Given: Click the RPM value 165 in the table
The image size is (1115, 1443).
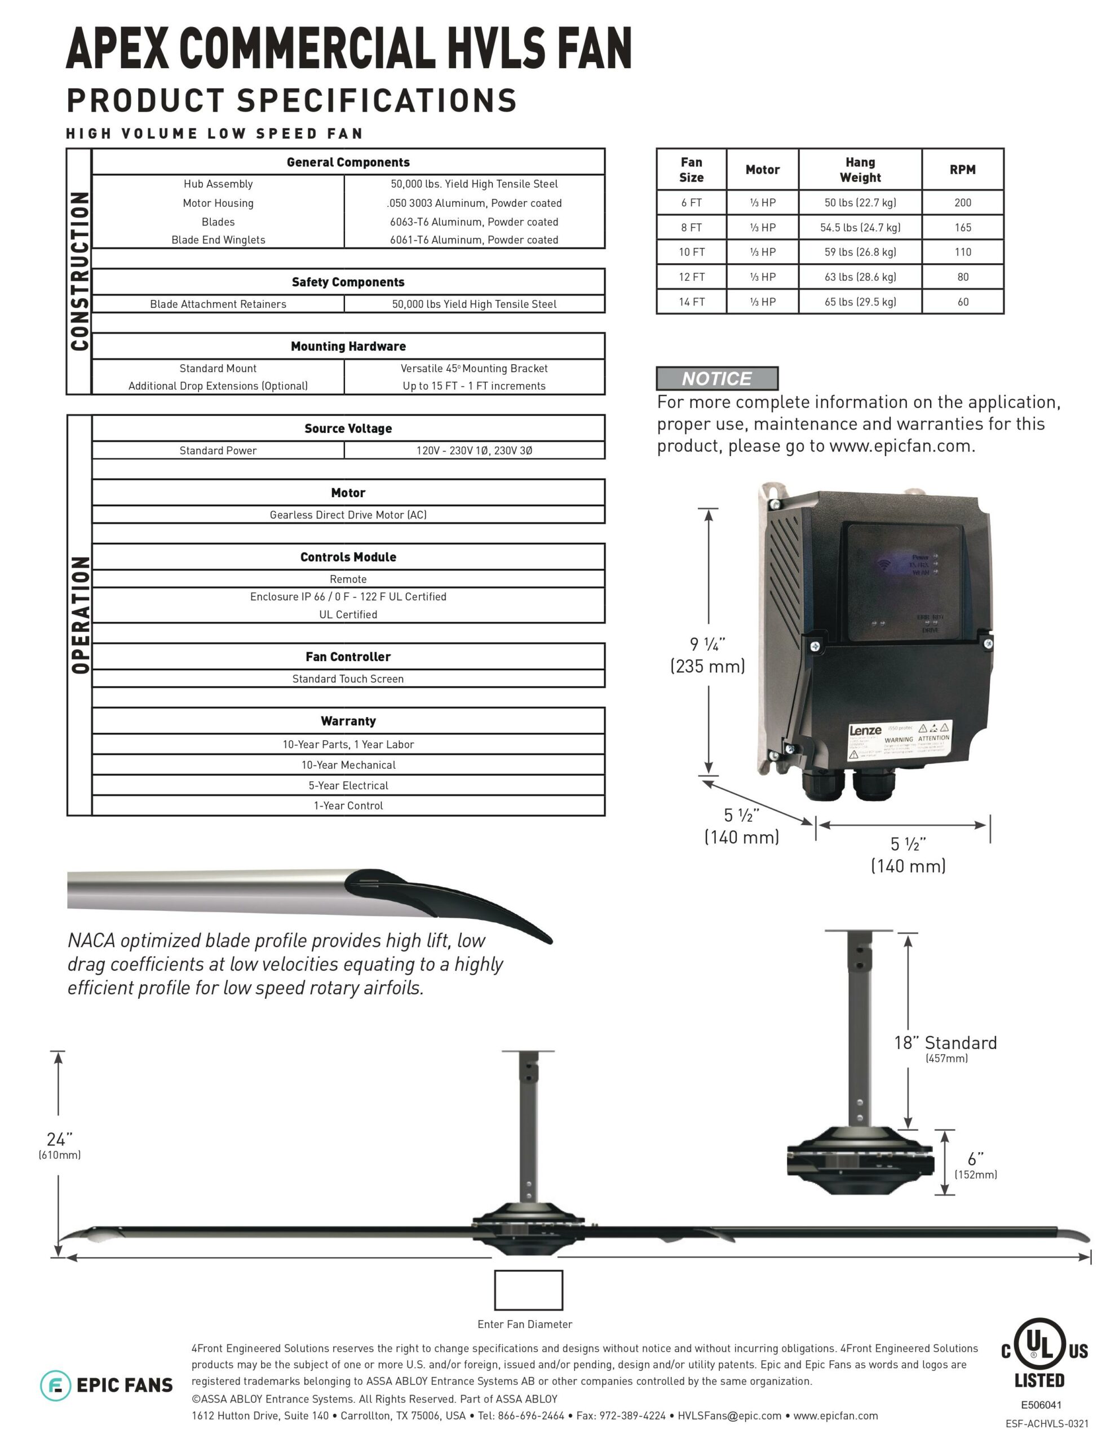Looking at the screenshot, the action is click(x=962, y=227).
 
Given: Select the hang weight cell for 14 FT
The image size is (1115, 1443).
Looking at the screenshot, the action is click(x=860, y=302).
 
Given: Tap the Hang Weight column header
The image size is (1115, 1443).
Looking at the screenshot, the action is click(x=860, y=170).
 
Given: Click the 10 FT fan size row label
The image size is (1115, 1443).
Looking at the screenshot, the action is click(x=691, y=252).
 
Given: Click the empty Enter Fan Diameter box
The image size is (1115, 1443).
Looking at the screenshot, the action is click(x=528, y=1289).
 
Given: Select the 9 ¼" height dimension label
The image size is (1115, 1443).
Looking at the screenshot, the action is click(x=707, y=655).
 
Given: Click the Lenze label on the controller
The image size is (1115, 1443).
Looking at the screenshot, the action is click(x=865, y=730).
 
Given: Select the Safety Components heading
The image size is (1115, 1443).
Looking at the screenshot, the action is click(x=348, y=282).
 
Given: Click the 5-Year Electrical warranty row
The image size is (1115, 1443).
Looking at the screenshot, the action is click(x=348, y=785).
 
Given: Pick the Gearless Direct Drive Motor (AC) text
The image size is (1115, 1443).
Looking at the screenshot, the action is click(x=348, y=515).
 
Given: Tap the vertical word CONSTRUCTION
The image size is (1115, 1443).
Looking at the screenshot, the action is click(x=79, y=271).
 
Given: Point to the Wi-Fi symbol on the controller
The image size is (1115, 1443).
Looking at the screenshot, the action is click(x=884, y=564).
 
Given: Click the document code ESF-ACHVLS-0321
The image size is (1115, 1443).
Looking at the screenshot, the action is click(x=1047, y=1423).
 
